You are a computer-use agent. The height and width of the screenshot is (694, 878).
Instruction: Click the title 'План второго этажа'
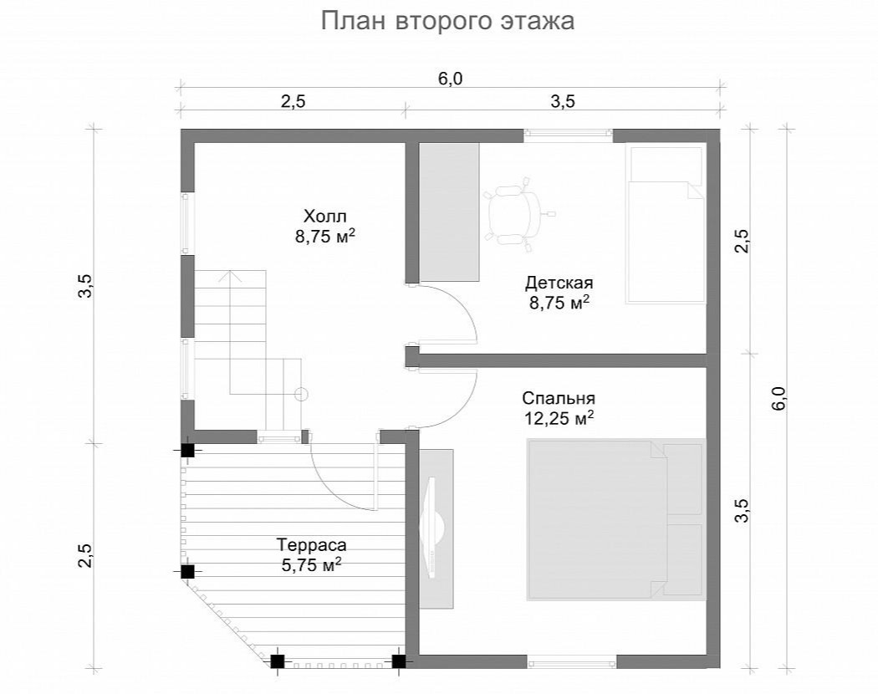[448, 21]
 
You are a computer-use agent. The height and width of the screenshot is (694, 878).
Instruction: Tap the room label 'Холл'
[325, 217]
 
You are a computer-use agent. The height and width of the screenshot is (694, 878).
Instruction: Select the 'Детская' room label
[559, 283]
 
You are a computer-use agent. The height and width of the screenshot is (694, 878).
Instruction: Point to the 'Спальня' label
[559, 398]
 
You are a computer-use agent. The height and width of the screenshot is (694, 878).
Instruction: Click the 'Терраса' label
[312, 544]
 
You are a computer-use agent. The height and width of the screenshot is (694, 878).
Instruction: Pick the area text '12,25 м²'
[559, 418]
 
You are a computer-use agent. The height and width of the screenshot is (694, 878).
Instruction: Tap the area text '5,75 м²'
[312, 564]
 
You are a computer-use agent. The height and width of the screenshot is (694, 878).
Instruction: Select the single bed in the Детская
[666, 225]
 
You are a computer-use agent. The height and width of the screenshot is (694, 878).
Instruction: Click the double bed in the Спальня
[615, 519]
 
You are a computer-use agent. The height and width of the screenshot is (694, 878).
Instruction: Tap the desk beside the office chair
[450, 212]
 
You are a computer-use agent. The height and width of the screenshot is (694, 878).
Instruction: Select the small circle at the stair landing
[301, 394]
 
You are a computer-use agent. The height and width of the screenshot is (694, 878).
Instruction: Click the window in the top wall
[569, 133]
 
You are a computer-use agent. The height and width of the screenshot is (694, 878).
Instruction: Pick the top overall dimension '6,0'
[450, 79]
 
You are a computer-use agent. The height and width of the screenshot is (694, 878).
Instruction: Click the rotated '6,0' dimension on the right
[778, 398]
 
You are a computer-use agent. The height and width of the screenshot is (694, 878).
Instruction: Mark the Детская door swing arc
[467, 305]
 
